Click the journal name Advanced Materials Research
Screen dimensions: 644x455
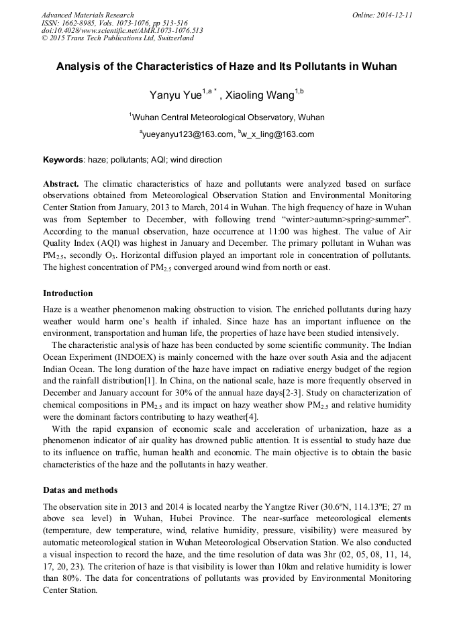[87, 15]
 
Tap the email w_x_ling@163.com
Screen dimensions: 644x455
[277, 134]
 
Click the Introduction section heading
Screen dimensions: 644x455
[68, 293]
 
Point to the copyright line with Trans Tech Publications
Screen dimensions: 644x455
[117, 38]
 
